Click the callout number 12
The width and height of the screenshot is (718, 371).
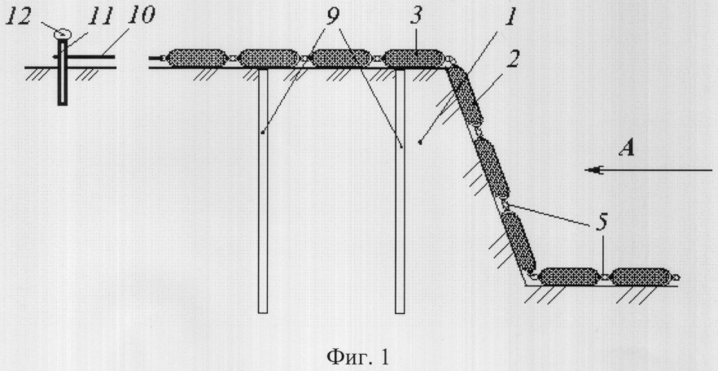pos(18,17)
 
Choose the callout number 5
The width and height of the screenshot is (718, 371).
pos(602,223)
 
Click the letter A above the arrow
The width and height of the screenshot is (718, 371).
pos(626,149)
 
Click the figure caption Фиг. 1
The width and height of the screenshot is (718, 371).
pos(358,356)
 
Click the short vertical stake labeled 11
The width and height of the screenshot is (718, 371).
pos(63,72)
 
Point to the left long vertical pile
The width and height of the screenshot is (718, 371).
pos(262,190)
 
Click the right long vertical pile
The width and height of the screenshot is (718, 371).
pos(400,190)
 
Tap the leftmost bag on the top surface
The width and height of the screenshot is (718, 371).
pos(197,58)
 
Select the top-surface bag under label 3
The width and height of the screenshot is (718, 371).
pos(413,58)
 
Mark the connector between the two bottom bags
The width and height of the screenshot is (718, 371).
pos(604,277)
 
